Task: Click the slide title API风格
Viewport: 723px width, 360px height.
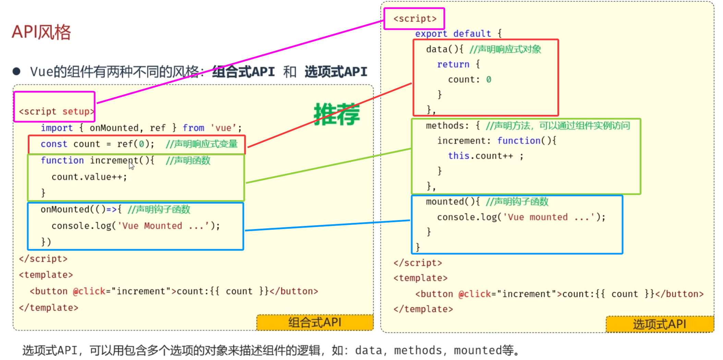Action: pyautogui.click(x=41, y=33)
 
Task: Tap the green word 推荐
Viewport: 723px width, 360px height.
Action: pyautogui.click(x=337, y=114)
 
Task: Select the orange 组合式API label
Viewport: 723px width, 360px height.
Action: pyautogui.click(x=315, y=322)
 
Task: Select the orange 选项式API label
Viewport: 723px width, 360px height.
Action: pyautogui.click(x=659, y=324)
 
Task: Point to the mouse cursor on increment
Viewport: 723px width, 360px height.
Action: pyautogui.click(x=131, y=166)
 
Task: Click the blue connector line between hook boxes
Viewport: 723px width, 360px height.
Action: pyautogui.click(x=327, y=225)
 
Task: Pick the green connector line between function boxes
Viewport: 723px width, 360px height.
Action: pyautogui.click(x=328, y=166)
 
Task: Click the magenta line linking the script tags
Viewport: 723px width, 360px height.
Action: pyautogui.click(x=240, y=62)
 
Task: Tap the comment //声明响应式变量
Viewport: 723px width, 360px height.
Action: pyautogui.click(x=202, y=144)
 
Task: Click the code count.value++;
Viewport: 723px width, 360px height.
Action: pyautogui.click(x=89, y=177)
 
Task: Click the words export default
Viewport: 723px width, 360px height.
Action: pyautogui.click(x=453, y=34)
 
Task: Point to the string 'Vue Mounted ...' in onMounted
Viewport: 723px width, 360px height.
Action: pyautogui.click(x=163, y=226)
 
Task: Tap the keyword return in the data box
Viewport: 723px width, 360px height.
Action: pyautogui.click(x=453, y=64)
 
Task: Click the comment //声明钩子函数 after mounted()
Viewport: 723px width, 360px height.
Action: pyautogui.click(x=517, y=202)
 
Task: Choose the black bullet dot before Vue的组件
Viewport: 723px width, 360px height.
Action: pyautogui.click(x=16, y=71)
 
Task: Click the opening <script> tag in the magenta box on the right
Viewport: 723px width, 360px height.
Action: pyautogui.click(x=415, y=19)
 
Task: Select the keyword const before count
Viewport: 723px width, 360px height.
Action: pyautogui.click(x=53, y=144)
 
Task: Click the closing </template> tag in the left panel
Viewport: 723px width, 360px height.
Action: pyautogui.click(x=49, y=308)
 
